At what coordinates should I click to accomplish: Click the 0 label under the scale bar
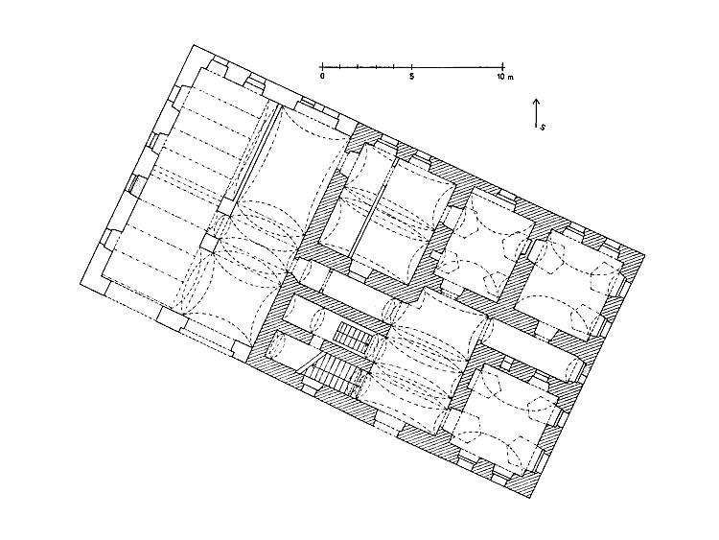tap(322, 76)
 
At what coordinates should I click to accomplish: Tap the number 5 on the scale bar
tap(412, 76)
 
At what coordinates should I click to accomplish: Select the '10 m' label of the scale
tap(504, 76)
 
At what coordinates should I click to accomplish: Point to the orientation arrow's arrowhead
tap(536, 102)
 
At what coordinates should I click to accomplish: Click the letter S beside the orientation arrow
tap(543, 127)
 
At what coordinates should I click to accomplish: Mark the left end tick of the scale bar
tap(322, 66)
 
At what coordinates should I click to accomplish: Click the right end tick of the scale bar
tap(503, 66)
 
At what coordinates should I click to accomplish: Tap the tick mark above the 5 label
tap(412, 66)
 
